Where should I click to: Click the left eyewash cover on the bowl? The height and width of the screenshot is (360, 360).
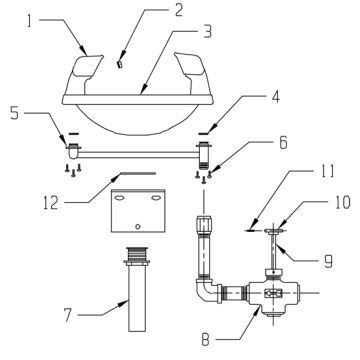(88, 68)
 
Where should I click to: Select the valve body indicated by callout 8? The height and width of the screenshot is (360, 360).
(271, 296)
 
